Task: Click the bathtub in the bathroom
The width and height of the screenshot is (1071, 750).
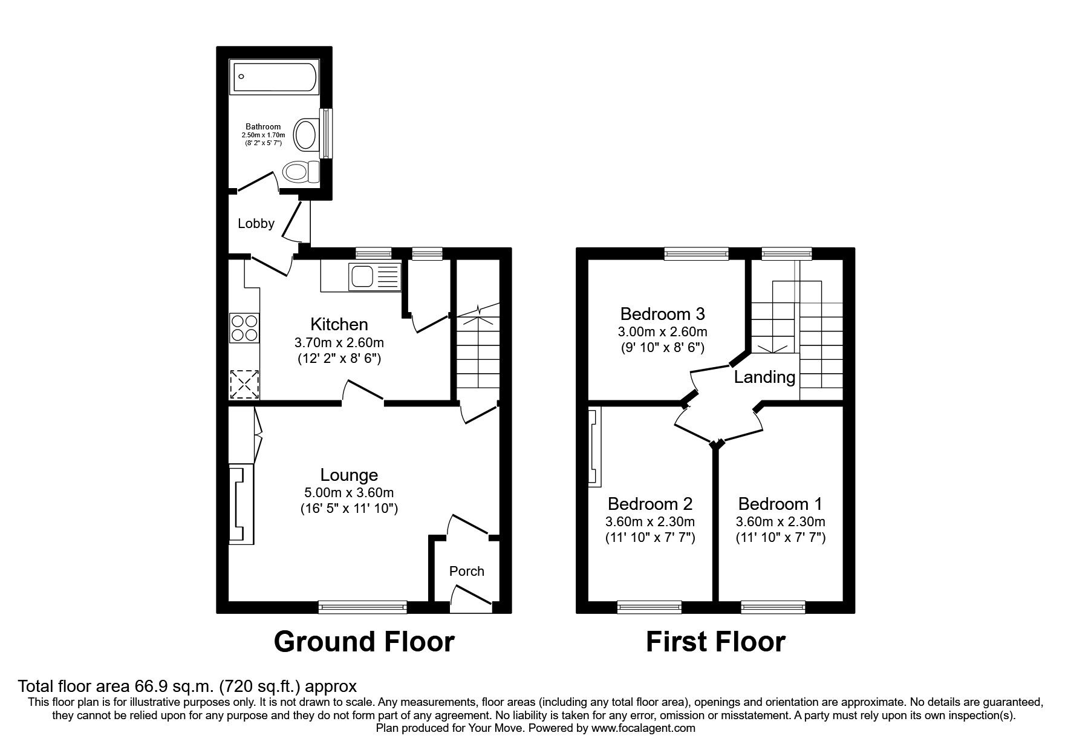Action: click(273, 76)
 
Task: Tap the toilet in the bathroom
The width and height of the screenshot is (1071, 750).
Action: click(302, 172)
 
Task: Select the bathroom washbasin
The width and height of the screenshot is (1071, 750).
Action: click(307, 134)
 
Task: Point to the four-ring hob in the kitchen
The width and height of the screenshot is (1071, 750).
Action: click(244, 328)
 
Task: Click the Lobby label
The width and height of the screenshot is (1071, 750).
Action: click(256, 224)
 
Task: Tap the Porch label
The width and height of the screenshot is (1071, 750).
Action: click(466, 571)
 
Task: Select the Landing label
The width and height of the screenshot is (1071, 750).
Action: click(764, 377)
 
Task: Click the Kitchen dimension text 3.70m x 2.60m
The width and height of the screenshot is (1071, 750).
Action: click(339, 342)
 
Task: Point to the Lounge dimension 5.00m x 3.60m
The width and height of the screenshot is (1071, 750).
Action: click(349, 493)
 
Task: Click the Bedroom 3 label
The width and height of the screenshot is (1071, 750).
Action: click(663, 314)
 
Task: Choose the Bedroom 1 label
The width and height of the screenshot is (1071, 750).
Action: click(780, 503)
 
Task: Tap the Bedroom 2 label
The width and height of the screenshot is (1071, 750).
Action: click(650, 503)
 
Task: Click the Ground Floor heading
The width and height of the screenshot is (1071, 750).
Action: click(363, 642)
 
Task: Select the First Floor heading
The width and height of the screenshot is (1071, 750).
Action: click(715, 642)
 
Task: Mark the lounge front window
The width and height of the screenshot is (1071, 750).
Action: click(363, 607)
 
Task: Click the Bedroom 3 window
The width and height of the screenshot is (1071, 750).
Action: click(696, 254)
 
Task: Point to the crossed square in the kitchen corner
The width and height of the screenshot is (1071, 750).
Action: click(244, 384)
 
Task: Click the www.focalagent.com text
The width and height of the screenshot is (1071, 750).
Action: click(643, 728)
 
